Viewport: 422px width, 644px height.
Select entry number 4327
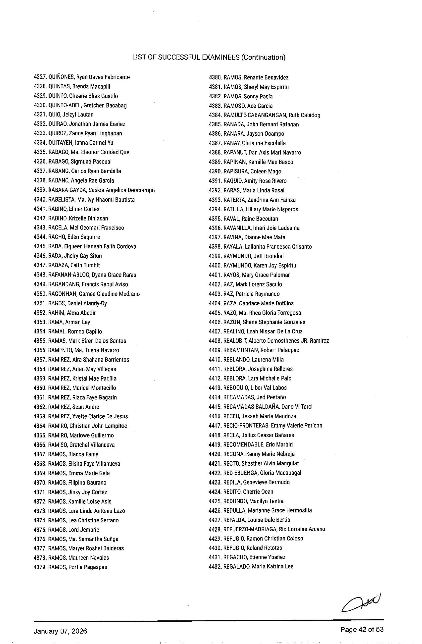40,77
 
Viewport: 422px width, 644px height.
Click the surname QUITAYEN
58,143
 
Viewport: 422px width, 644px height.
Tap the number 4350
40,294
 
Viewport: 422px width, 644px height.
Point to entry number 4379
40,567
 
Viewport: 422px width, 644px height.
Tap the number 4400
215,266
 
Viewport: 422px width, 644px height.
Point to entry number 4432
215,567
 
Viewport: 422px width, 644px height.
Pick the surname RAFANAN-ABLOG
69,275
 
